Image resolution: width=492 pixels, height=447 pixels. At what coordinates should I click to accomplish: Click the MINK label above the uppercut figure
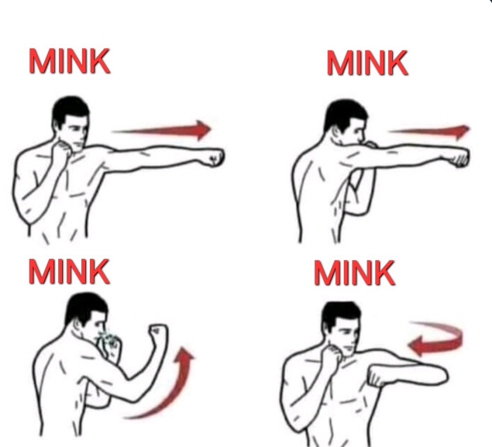pos(69,272)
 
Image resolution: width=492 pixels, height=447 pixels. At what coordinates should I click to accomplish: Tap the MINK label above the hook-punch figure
pos(354,273)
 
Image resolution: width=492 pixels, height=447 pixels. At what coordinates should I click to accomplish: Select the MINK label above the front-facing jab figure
pos(69,61)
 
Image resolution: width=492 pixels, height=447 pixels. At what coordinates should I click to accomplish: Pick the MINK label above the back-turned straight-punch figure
pos(367,63)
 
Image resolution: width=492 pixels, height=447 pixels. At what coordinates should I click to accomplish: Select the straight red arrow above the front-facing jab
pos(162,129)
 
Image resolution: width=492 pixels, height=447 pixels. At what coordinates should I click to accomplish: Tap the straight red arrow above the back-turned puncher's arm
pos(429,132)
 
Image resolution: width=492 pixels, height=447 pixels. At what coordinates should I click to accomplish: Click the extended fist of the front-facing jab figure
pos(215,156)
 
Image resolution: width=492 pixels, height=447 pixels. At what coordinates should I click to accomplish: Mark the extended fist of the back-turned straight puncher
pos(460,156)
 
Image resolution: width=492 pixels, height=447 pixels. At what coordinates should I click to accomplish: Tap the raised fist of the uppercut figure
pos(159,333)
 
